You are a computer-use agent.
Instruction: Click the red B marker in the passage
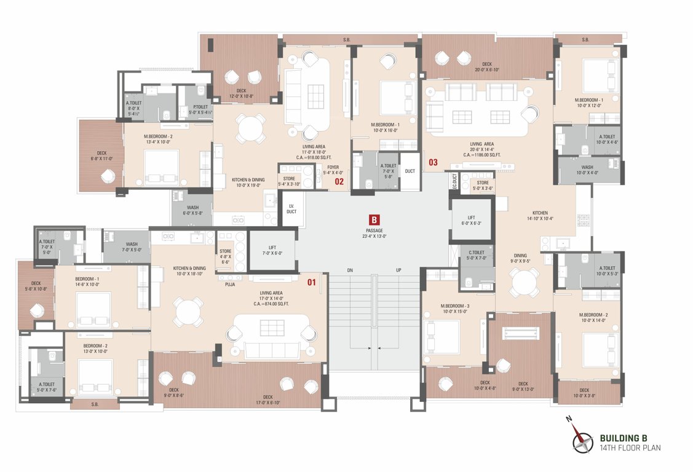[x=373, y=219]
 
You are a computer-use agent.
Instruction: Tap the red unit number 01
[x=312, y=283]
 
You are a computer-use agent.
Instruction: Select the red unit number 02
[x=339, y=181]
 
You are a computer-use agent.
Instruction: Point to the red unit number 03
[x=433, y=162]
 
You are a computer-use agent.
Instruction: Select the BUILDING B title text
[x=623, y=438]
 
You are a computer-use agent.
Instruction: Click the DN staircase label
[x=350, y=270]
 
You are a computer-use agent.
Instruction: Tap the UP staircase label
[x=398, y=270]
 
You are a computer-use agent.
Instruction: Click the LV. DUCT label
[x=291, y=208]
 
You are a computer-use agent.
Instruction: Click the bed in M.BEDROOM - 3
[x=442, y=336]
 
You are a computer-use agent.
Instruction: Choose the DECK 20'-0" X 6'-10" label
[x=486, y=66]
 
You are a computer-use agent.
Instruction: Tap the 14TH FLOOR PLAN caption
[x=630, y=448]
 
